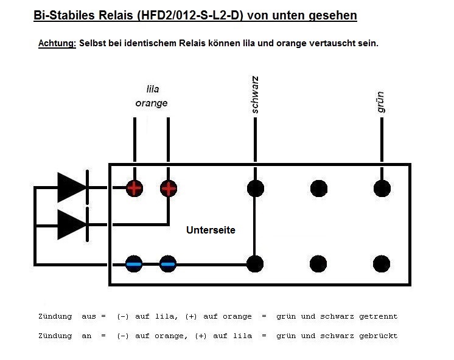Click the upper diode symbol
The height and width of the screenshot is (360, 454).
[72, 187]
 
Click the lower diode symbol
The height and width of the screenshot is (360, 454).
[72, 224]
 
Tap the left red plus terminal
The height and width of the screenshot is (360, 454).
[134, 188]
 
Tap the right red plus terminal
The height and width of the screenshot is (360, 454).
[168, 188]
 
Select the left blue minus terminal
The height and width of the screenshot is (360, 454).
[134, 263]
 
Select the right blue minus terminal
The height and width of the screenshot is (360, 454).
[168, 263]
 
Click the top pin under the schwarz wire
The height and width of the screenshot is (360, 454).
[256, 188]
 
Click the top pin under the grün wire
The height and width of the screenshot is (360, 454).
[382, 188]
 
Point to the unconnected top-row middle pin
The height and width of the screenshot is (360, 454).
[318, 188]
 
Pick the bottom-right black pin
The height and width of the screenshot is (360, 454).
[382, 263]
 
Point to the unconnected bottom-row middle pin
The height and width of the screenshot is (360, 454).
[318, 263]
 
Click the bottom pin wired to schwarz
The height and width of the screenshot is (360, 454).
[256, 263]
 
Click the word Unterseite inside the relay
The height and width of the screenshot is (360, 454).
[211, 230]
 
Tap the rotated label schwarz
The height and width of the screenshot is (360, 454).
[255, 95]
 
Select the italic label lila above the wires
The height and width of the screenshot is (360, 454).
[152, 89]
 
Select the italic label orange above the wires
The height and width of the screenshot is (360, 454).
[152, 103]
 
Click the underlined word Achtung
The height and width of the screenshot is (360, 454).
[57, 44]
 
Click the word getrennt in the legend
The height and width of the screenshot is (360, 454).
[379, 316]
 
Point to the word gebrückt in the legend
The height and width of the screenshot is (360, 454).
[379, 336]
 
